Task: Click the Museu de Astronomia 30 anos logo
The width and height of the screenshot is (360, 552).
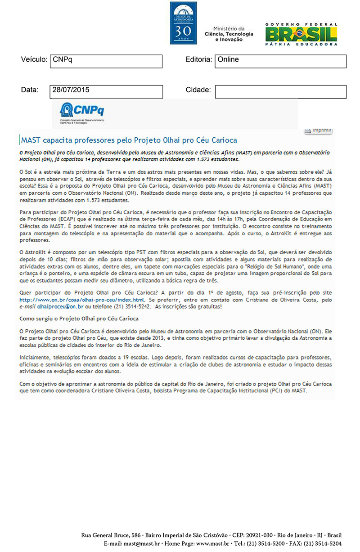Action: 183,22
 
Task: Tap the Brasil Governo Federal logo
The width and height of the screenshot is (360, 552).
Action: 301,34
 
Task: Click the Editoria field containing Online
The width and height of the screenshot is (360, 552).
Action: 280,61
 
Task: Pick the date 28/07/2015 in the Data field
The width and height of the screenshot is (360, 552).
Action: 106,91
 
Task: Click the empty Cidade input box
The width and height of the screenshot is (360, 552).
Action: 280,91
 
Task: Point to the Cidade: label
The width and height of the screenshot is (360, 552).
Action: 198,90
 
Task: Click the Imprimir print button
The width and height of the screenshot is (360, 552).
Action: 318,130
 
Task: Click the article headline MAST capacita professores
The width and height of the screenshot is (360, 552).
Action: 129,140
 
